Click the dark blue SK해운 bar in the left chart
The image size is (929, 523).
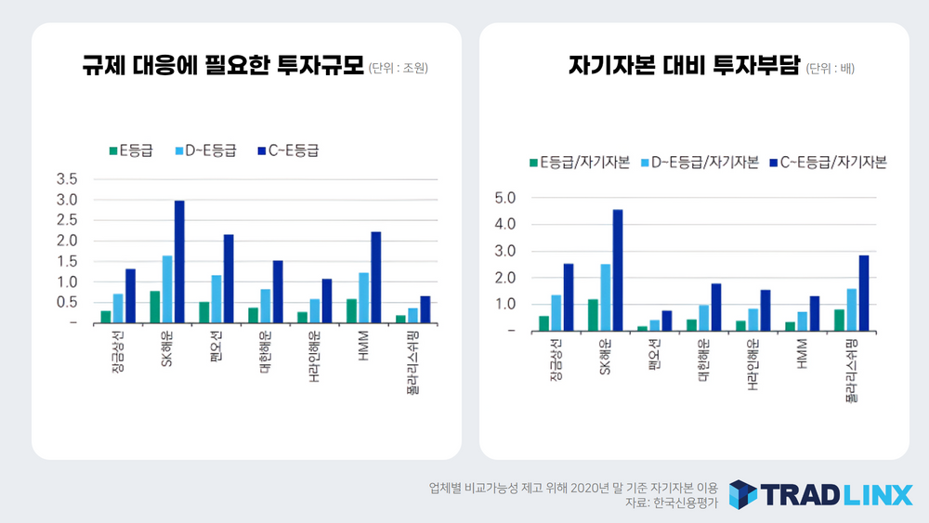pos(179,262)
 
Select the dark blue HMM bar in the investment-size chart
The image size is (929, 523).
pos(376,278)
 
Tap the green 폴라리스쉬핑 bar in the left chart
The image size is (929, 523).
pos(400,319)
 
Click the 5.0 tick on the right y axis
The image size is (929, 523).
pos(504,198)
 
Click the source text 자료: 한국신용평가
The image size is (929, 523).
pos(673,503)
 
